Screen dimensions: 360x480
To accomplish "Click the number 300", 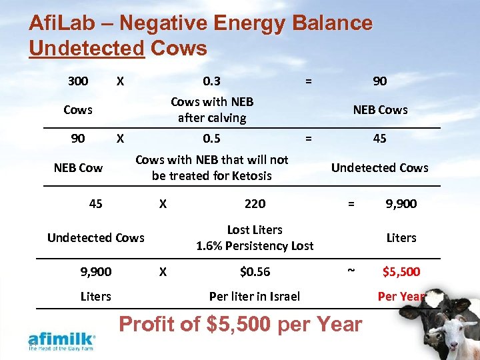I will (x=78, y=81).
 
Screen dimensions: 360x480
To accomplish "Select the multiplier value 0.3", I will (x=212, y=81).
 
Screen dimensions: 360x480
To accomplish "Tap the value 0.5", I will (x=212, y=139).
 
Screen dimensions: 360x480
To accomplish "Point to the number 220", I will (x=255, y=203).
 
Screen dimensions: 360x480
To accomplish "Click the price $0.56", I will (x=255, y=271).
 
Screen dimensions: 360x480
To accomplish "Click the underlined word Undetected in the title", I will (x=87, y=48).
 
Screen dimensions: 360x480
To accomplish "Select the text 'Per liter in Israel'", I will (x=255, y=296).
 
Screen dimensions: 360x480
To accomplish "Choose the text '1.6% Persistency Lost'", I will (x=255, y=245).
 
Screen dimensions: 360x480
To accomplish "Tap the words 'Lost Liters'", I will (x=255, y=229).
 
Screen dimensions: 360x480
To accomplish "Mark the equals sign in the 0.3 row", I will (x=307, y=81).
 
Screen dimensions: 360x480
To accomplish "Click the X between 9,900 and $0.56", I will (x=162, y=271).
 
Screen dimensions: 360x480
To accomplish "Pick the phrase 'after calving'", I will (x=212, y=118).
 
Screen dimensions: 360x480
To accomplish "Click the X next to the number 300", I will (x=119, y=81).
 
